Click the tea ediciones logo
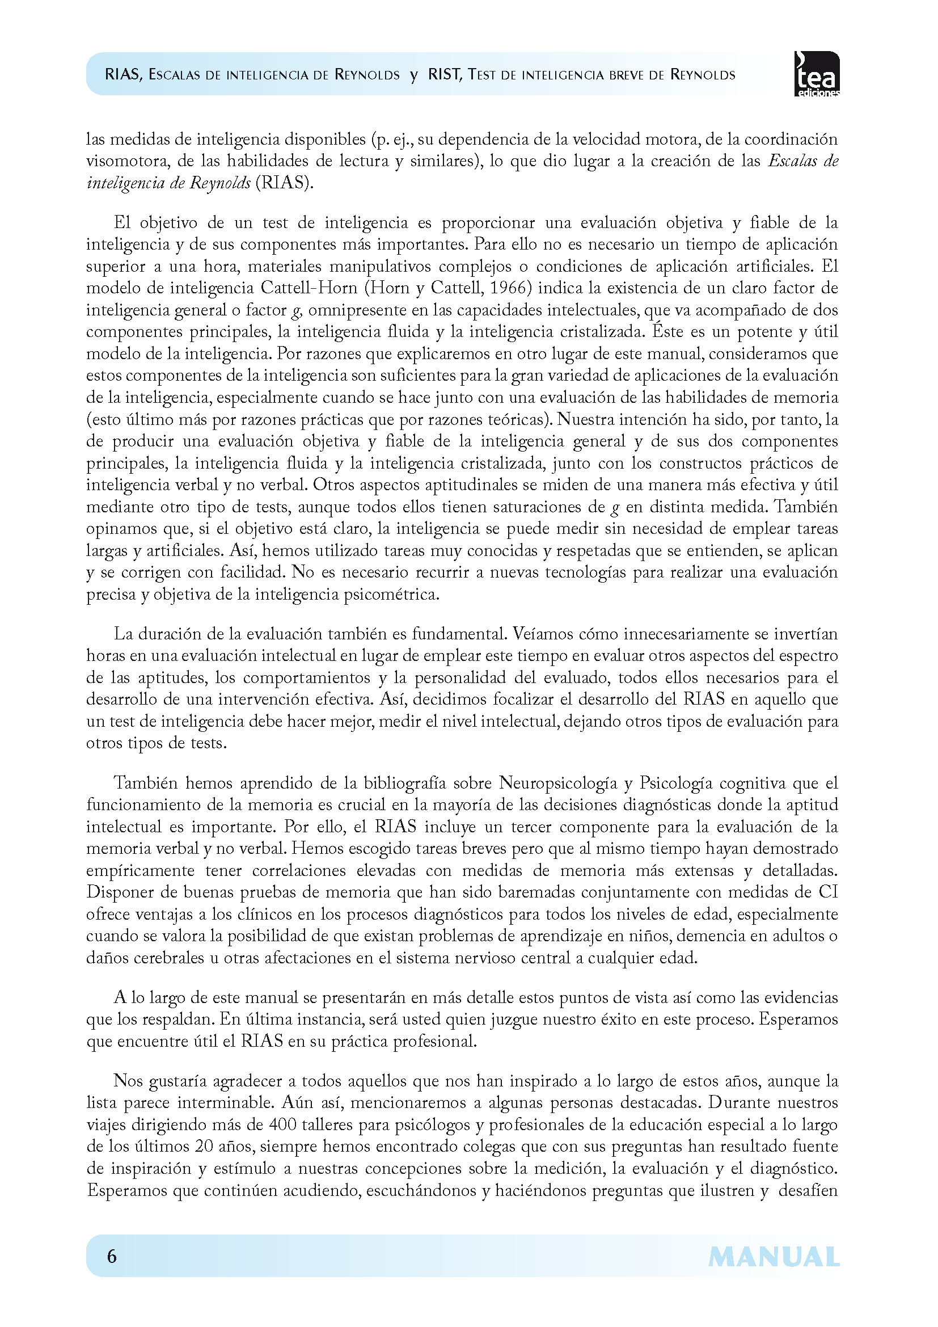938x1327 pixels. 817,74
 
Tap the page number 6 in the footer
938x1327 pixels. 112,1256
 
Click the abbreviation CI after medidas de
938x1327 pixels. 827,892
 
